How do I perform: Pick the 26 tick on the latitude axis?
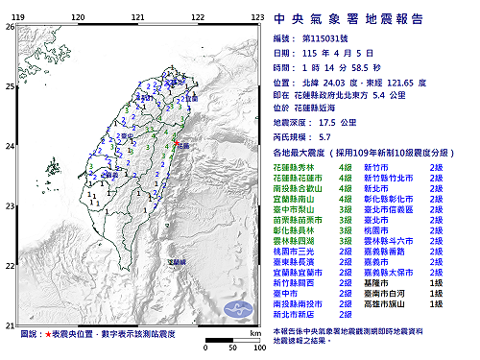pyautogui.click(x=10, y=27)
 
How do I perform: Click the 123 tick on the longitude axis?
pyautogui.click(x=257, y=18)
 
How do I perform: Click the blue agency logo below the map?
pyautogui.click(x=233, y=310)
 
